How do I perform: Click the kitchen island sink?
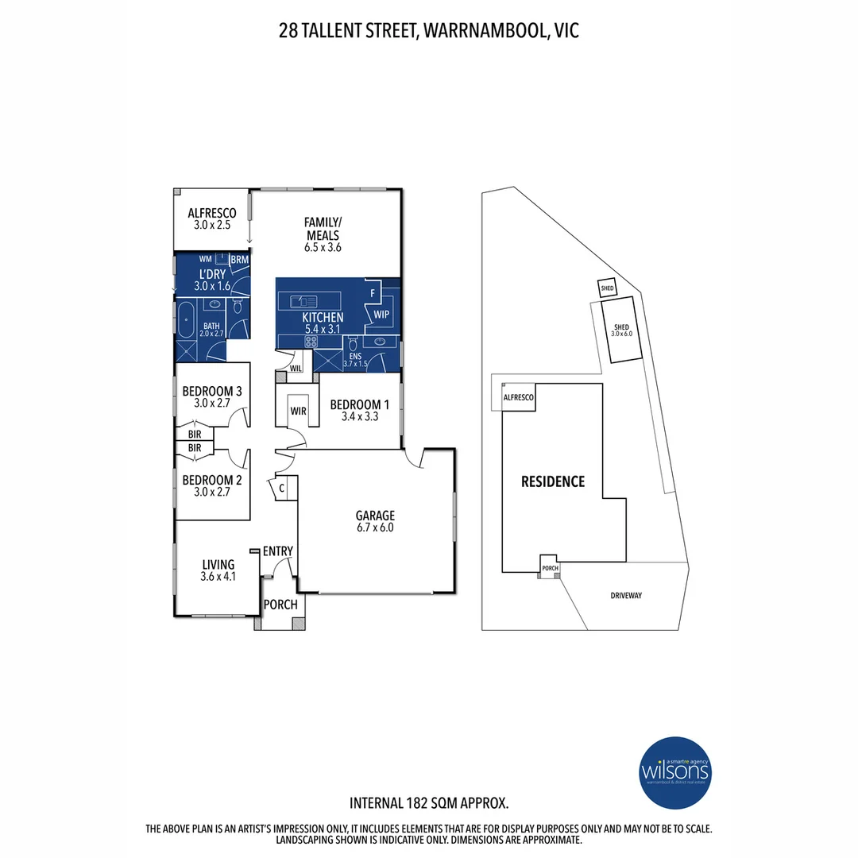[x=305, y=300]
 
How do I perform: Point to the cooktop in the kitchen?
[x=309, y=342]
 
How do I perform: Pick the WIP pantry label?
[x=382, y=315]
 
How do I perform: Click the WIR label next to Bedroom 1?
[x=299, y=411]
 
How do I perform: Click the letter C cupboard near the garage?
[x=281, y=489]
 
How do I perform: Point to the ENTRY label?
[x=278, y=551]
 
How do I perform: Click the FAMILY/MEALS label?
[x=323, y=229]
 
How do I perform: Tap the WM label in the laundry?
[x=205, y=259]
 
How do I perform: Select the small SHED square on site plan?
[x=607, y=288]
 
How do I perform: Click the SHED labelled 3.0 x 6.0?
[x=621, y=330]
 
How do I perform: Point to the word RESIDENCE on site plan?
[x=553, y=481]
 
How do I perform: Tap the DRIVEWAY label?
[x=626, y=596]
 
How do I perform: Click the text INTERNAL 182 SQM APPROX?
[x=429, y=802]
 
